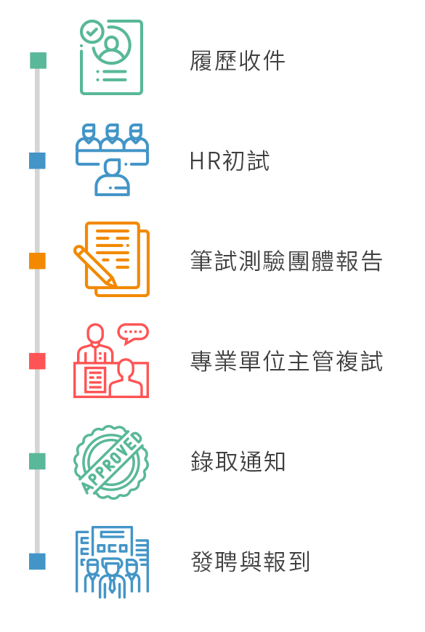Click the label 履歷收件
pos(238,61)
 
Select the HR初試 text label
pos(230,161)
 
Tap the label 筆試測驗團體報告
pos(286,261)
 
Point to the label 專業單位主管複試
pos(286,361)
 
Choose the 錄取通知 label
pos(238,461)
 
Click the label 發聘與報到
pos(250,562)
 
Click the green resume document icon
pos(112,57)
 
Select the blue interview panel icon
pos(112,160)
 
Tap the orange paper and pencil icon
pos(112,259)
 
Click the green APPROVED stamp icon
pos(111,462)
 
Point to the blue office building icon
pos(112,562)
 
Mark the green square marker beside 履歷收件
pos(39,60)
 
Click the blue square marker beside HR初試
pos(38,161)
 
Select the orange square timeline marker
pos(38,261)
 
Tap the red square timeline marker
pos(38,361)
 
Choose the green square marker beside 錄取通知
pos(38,461)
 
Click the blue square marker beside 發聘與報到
pos(38,562)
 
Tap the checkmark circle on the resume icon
pos(92,31)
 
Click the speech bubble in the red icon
pos(133,333)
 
